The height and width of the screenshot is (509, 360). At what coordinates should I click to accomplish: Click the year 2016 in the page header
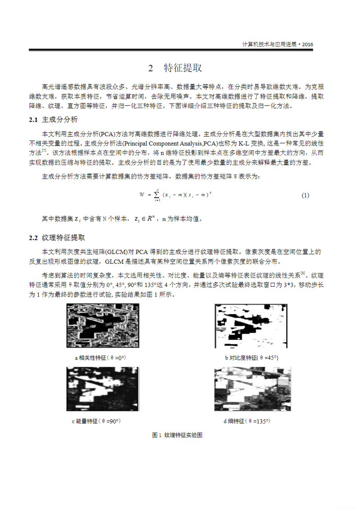click(307, 44)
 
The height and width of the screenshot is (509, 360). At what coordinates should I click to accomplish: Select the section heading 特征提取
click(183, 68)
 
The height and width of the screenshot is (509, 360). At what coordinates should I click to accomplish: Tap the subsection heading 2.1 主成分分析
click(53, 120)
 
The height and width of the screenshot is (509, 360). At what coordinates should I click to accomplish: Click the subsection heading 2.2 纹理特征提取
click(57, 238)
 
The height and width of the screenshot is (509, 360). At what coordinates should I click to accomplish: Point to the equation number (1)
click(305, 195)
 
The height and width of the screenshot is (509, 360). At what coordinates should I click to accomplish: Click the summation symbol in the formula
click(157, 195)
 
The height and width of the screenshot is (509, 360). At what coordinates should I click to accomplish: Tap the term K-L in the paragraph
click(244, 144)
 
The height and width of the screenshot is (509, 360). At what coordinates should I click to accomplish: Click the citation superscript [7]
click(44, 151)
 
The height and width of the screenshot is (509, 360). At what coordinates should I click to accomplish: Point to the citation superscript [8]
click(302, 273)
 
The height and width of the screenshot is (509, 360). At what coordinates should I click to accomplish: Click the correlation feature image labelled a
click(103, 326)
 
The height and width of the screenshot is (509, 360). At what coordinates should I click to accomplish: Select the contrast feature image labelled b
click(251, 326)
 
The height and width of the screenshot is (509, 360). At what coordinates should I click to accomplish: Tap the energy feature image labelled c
click(103, 389)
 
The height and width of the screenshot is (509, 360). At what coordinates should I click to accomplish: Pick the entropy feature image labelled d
click(252, 389)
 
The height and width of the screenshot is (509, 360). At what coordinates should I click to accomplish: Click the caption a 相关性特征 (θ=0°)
click(100, 358)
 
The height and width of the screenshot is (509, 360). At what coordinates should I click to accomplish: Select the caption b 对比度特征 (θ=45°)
click(252, 358)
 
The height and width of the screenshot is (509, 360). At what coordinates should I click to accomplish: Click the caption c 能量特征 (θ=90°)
click(96, 421)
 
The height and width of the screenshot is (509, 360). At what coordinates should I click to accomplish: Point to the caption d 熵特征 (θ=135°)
click(247, 421)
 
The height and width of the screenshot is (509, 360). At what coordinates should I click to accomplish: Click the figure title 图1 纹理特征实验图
click(177, 435)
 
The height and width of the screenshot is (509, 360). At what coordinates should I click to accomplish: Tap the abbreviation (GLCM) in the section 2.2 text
click(116, 252)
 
